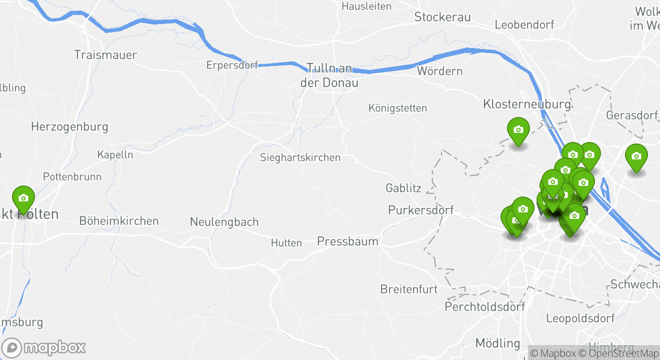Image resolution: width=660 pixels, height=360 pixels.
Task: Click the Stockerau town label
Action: tap(442, 17)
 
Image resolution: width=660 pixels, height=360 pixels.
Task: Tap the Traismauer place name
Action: tap(105, 54)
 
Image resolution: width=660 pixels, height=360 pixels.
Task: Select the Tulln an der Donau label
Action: tap(329, 75)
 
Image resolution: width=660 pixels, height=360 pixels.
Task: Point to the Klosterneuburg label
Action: tap(526, 104)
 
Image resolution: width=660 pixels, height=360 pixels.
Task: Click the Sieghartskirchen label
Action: tap(300, 157)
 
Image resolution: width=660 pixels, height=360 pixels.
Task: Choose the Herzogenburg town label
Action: tap(69, 126)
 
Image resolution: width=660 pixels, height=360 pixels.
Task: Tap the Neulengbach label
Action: tap(224, 221)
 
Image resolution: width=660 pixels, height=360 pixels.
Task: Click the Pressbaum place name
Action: tap(347, 241)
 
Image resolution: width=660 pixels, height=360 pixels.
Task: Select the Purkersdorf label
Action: tap(420, 210)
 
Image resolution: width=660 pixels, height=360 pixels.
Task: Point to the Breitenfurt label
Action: tap(408, 289)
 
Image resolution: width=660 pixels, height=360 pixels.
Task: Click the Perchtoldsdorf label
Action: tap(484, 306)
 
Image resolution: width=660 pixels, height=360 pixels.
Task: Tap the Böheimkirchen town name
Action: tap(119, 220)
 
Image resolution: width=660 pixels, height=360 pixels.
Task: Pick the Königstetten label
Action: tap(397, 108)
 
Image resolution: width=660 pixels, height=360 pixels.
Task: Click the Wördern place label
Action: tap(439, 71)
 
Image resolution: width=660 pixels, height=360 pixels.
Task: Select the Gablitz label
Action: tap(403, 188)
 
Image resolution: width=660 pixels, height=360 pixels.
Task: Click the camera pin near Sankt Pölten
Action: tap(23, 198)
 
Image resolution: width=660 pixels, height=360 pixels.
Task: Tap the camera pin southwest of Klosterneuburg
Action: tap(518, 130)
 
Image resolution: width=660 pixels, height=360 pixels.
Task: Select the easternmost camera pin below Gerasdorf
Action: tap(636, 156)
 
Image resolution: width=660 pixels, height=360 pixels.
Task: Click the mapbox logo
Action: tap(44, 347)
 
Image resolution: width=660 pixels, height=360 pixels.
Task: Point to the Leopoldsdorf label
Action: tap(580, 318)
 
